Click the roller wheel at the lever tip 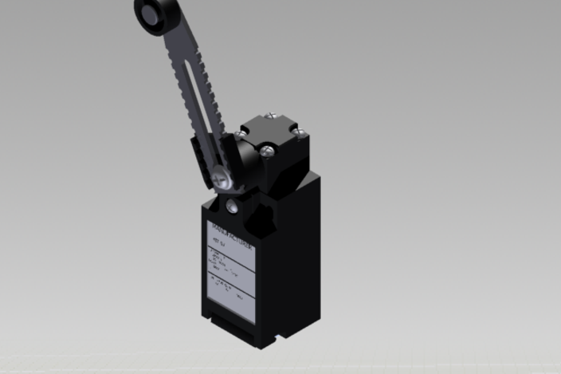tap(148, 12)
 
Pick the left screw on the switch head tap(241, 136)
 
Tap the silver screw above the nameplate tap(231, 207)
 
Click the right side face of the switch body tap(291, 255)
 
